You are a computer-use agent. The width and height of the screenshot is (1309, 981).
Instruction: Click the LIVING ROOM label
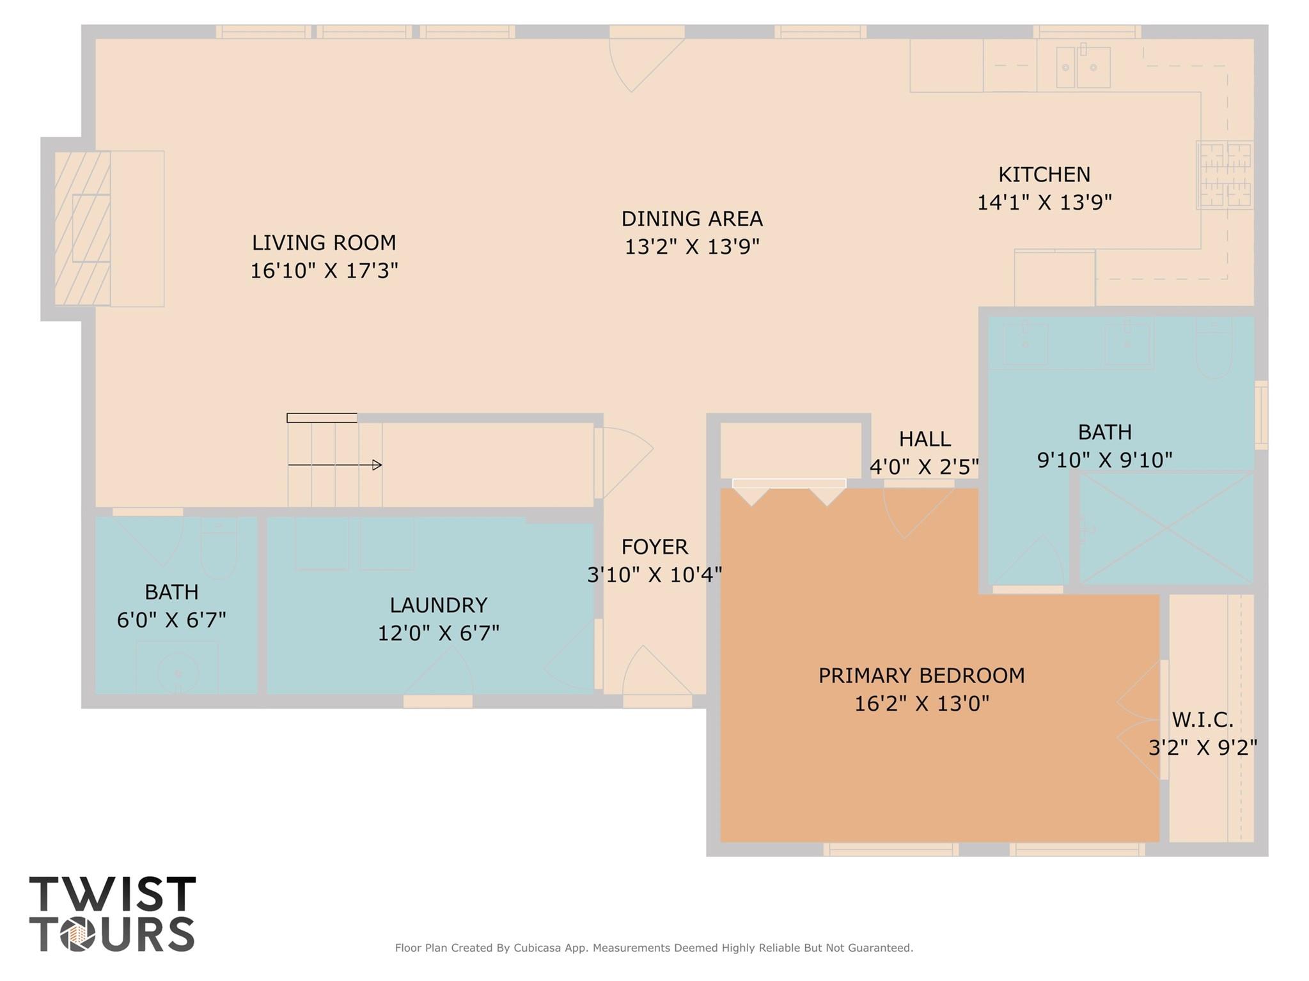point(324,243)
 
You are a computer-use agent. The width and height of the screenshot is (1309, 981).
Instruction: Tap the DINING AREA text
point(692,219)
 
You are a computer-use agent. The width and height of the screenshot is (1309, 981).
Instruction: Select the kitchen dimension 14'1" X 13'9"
point(1044,202)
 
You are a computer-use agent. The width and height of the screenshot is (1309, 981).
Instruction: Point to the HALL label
point(924,438)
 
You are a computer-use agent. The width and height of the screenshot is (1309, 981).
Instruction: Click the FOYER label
point(655,546)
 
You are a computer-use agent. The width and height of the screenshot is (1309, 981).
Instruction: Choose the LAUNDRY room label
point(439,605)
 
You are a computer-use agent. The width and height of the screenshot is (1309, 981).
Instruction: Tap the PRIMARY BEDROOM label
point(921,676)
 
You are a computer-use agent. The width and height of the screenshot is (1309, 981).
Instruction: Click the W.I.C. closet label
point(1202,720)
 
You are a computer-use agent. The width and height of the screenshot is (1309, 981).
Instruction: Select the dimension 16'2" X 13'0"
point(921,704)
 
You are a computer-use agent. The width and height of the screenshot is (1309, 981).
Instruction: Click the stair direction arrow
point(335,465)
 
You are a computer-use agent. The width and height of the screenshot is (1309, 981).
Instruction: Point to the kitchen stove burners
point(1225,175)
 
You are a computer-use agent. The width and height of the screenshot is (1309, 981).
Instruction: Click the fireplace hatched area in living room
point(82,228)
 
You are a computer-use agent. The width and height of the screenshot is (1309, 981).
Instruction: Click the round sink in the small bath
point(178,672)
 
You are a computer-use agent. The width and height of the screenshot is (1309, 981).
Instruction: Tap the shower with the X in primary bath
point(1166,528)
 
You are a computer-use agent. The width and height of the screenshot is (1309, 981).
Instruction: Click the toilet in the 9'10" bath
point(1214,350)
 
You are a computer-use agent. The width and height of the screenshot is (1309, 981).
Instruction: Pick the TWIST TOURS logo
point(113,913)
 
